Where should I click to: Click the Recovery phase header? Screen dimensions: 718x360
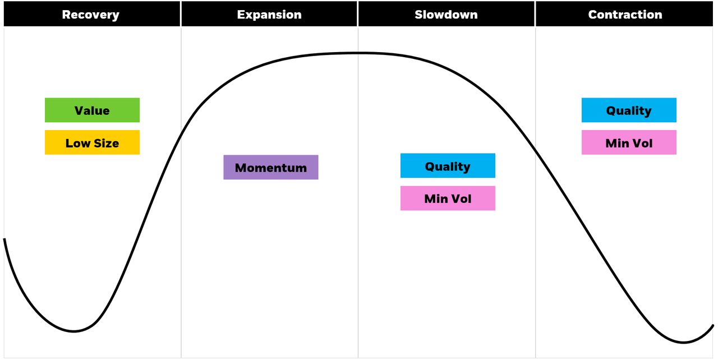(91, 15)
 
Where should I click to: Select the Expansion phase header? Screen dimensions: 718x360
(269, 15)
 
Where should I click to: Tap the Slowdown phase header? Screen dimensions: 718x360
(447, 15)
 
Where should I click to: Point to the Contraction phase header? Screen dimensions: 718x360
(625, 15)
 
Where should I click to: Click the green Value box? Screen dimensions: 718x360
(92, 110)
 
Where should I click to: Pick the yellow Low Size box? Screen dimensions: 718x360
(92, 142)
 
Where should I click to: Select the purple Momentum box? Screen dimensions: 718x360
(271, 167)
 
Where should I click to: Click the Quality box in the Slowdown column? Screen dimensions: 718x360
(448, 166)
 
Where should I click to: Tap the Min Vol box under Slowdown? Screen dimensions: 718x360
(448, 199)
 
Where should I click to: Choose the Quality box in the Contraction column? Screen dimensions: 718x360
(629, 110)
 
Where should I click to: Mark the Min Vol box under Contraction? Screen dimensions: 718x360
(629, 142)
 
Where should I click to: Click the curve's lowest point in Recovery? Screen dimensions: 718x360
(73, 331)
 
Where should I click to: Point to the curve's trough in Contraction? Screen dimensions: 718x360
(684, 342)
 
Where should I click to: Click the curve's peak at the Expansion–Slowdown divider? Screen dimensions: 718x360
(358, 53)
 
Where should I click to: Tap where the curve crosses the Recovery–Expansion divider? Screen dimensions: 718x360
(181, 135)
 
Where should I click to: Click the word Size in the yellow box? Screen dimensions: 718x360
(106, 143)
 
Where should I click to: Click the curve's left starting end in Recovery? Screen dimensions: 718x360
(4, 239)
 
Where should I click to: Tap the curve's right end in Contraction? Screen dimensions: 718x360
(712, 325)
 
